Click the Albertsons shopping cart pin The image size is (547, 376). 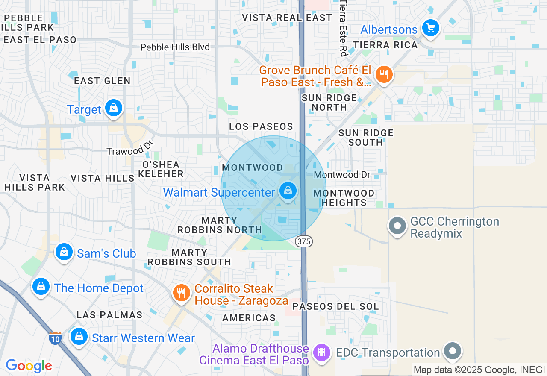click(x=430, y=29)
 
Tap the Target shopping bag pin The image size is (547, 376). click(x=113, y=109)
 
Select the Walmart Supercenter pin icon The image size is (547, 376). click(x=288, y=191)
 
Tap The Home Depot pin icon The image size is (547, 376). click(x=41, y=287)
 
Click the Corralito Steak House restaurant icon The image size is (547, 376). click(x=182, y=293)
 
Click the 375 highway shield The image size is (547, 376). click(x=304, y=241)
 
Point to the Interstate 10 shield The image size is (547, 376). click(x=55, y=338)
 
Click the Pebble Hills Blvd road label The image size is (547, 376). click(x=175, y=47)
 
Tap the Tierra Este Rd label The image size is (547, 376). click(x=343, y=28)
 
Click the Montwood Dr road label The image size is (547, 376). click(x=342, y=174)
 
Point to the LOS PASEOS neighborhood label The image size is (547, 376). click(x=261, y=126)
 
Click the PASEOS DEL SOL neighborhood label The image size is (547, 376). click(x=335, y=306)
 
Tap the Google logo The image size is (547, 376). click(x=29, y=366)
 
